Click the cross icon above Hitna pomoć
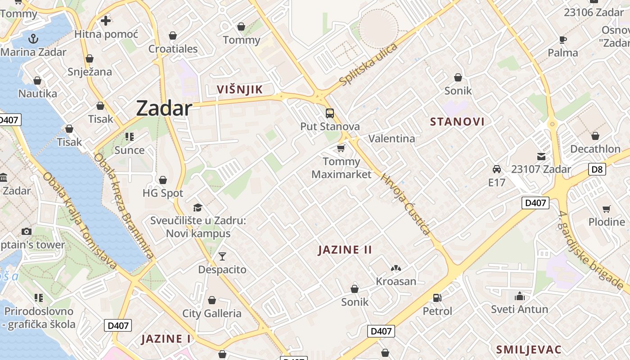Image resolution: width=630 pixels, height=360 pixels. pos(106,21)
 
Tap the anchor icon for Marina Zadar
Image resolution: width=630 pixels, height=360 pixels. pos(33,39)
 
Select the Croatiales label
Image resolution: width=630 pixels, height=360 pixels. pos(173,49)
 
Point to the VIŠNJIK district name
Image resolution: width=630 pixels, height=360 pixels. pos(239,89)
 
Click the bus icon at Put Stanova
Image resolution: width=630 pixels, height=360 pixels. pos(330,113)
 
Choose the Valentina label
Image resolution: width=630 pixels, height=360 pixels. pos(391,138)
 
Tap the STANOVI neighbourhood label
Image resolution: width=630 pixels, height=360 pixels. pos(457,121)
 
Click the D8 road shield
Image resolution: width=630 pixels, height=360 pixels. pos(597,170)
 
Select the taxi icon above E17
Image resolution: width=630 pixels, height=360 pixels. pos(497,169)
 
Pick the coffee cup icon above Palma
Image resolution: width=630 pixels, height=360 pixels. pos(562,40)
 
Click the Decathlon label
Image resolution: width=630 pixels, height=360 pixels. pos(595,149)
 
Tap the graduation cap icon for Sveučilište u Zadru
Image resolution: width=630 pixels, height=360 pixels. pos(198,207)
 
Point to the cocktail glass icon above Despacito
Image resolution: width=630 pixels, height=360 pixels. pos(222,256)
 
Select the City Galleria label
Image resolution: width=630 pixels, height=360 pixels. pos(211,313)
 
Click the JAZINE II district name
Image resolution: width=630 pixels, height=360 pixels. pos(345,250)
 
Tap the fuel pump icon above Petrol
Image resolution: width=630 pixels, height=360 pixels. pos(437,298)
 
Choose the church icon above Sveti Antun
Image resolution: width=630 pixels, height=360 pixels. pos(519,296)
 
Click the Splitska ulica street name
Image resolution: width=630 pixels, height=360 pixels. pos(369,65)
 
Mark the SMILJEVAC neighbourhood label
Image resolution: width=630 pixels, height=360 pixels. pos(529,350)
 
